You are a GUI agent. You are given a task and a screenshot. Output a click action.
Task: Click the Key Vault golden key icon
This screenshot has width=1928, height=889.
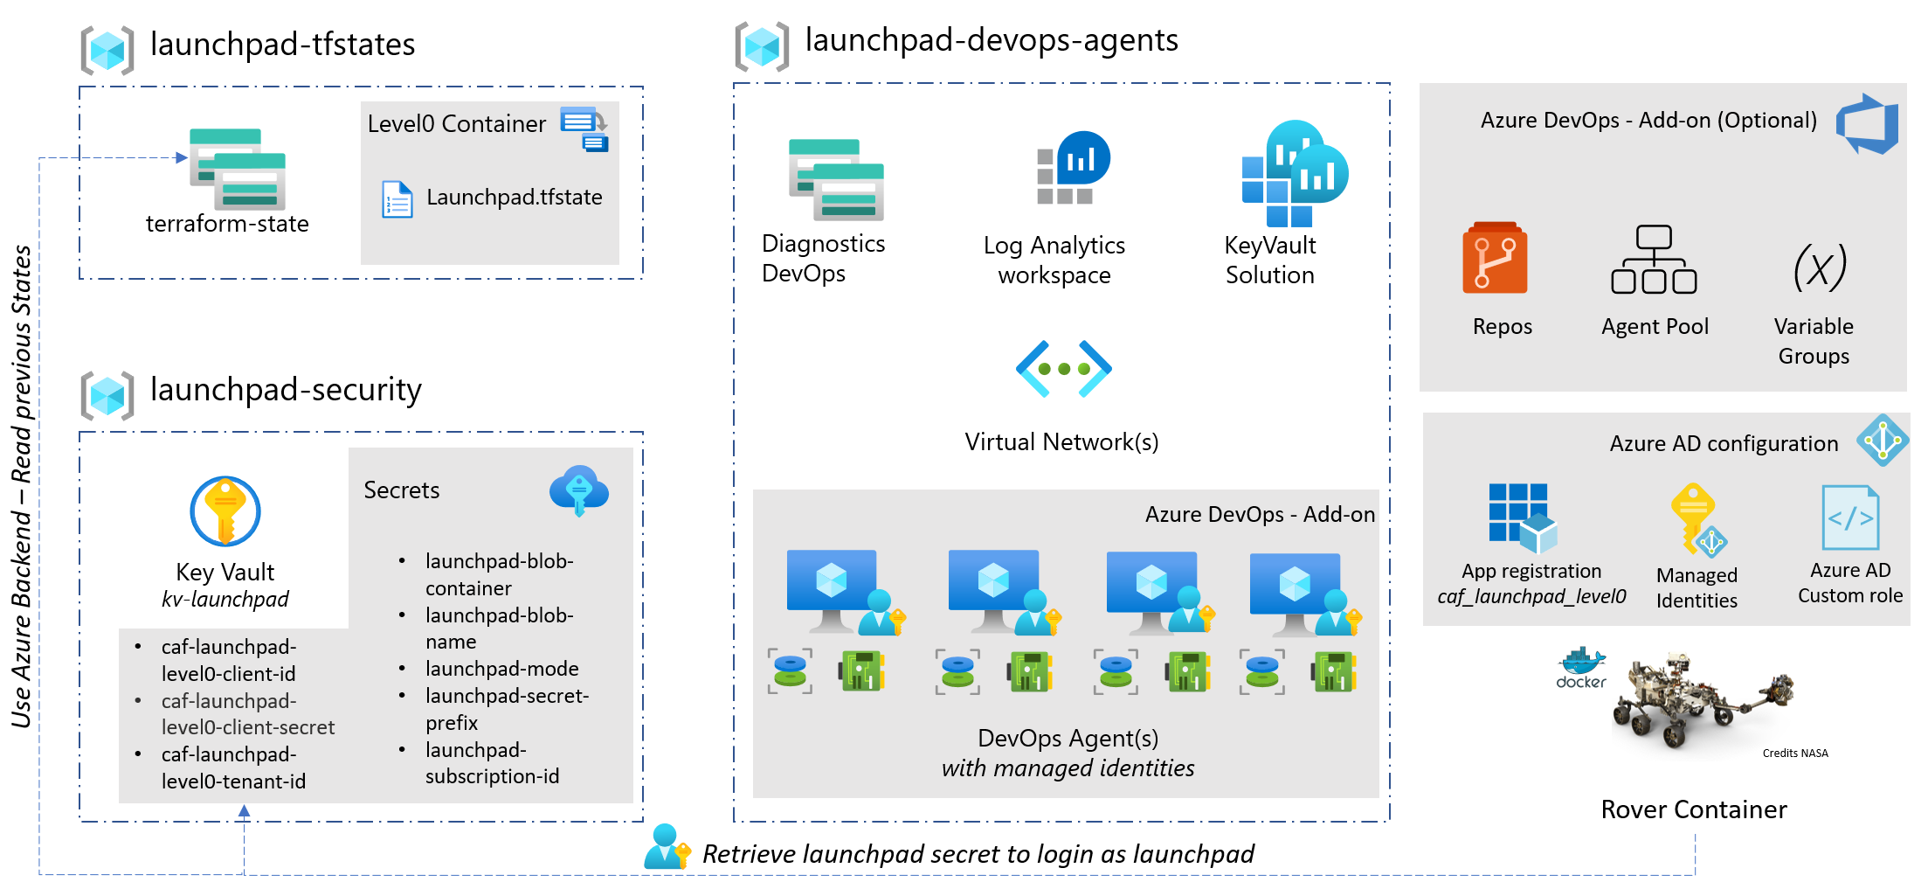click(225, 510)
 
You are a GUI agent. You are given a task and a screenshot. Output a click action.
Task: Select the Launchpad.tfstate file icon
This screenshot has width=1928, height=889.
click(397, 199)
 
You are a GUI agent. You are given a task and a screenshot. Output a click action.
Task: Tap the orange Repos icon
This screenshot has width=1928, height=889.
click(1495, 258)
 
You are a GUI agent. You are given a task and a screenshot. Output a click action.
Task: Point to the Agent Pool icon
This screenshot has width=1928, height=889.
click(1654, 260)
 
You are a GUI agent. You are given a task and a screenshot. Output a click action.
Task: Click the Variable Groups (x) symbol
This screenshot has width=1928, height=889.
click(1820, 267)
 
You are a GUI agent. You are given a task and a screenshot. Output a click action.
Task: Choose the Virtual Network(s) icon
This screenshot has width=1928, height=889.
click(1063, 369)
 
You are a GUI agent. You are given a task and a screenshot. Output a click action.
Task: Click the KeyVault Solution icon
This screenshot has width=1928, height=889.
click(1295, 174)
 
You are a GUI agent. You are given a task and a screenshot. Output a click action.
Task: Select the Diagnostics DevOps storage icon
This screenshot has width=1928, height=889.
click(836, 179)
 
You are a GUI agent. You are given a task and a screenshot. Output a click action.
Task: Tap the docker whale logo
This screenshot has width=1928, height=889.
click(1582, 668)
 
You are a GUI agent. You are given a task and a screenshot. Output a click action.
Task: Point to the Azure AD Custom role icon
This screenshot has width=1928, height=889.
click(1850, 517)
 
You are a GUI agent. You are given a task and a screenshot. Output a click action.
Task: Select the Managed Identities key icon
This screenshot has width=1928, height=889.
click(1697, 519)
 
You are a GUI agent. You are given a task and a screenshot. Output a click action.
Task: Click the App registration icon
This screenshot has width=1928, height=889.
click(1523, 517)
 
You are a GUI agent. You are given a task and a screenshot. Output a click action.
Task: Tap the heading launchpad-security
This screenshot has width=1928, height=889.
click(286, 389)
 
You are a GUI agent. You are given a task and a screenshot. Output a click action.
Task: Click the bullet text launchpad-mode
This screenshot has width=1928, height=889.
click(501, 669)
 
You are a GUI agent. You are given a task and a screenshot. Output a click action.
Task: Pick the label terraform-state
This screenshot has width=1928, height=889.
click(227, 224)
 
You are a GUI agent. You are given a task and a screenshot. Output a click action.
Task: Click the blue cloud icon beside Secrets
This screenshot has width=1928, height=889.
click(578, 490)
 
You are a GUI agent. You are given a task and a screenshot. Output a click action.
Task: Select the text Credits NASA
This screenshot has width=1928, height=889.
click(1794, 754)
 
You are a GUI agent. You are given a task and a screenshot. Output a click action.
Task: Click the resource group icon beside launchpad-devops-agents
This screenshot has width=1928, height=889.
click(762, 46)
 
